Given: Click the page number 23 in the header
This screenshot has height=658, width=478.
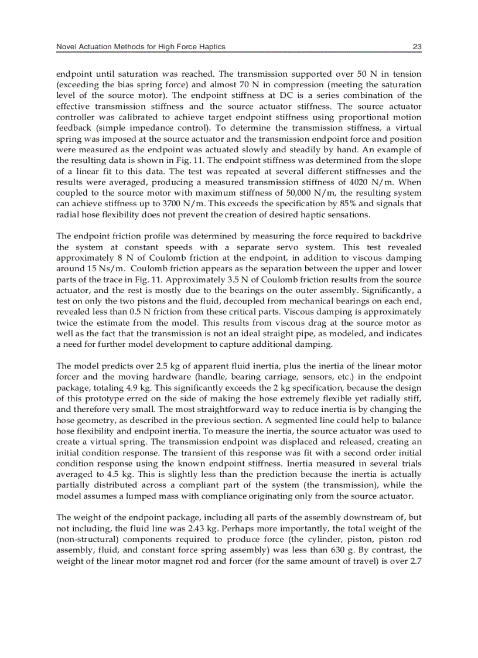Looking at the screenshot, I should click(417, 47).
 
